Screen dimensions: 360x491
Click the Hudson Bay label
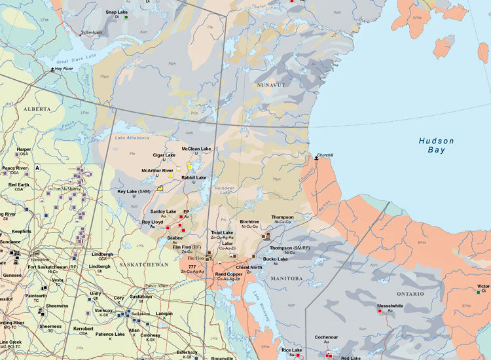(x=436, y=145)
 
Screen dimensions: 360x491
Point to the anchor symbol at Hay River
(x=53, y=67)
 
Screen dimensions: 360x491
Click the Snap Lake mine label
(x=117, y=12)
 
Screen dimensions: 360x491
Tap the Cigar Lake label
(x=164, y=155)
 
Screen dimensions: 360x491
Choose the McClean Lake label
(x=196, y=149)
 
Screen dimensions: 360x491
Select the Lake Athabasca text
(x=133, y=138)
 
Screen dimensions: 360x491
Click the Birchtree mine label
(x=250, y=222)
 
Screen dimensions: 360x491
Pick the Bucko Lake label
(x=276, y=259)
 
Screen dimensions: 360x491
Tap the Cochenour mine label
(x=325, y=337)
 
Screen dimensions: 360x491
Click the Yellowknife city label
(x=92, y=31)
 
